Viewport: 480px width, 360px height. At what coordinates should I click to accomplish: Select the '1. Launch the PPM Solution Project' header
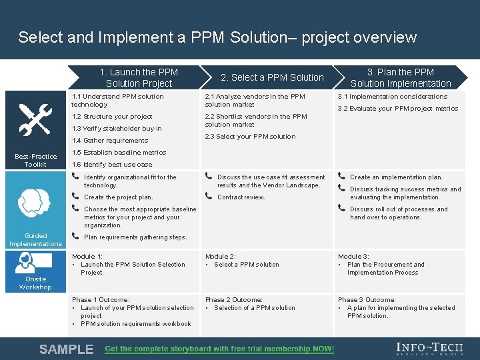(x=139, y=77)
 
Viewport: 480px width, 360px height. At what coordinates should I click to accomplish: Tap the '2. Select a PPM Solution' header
(x=272, y=77)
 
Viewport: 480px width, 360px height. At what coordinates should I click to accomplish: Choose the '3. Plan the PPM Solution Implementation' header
(x=401, y=77)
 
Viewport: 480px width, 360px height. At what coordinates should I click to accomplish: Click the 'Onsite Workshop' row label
(x=35, y=283)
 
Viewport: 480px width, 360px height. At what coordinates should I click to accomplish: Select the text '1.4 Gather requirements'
(x=110, y=141)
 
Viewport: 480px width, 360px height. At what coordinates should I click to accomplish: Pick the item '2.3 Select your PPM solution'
(x=250, y=137)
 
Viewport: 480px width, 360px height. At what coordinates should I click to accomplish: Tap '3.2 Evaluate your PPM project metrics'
(x=398, y=109)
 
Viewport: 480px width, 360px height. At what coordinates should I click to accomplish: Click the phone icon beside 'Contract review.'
(x=209, y=197)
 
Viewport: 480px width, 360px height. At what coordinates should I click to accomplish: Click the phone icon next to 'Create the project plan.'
(x=75, y=197)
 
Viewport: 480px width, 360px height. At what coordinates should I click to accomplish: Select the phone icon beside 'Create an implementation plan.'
(x=341, y=177)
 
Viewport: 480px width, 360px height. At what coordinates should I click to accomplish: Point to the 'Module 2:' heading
(x=220, y=257)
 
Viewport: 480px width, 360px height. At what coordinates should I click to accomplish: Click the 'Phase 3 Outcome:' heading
(x=367, y=300)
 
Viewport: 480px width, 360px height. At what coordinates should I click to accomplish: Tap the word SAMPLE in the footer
(x=66, y=349)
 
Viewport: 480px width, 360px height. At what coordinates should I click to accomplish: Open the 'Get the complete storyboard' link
(x=219, y=349)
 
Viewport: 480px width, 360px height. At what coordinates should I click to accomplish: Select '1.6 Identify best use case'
(x=112, y=165)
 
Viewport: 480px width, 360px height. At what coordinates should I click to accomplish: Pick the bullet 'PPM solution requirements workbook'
(x=136, y=324)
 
